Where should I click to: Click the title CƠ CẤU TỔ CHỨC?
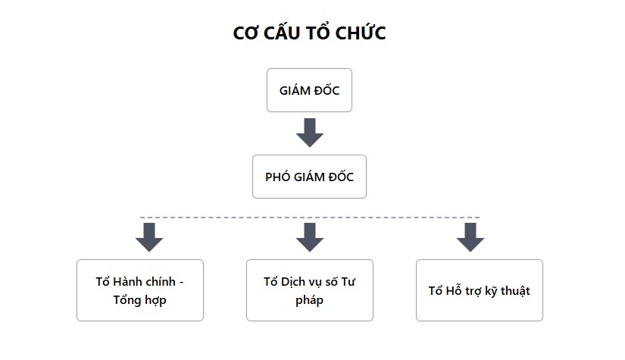coord(309,33)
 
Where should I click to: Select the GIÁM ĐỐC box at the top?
coord(309,90)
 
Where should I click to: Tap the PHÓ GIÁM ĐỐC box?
coord(309,177)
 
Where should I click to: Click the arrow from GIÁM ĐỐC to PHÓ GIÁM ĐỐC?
coord(310,133)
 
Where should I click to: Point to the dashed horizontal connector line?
coord(310,218)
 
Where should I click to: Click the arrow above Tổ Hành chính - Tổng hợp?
coord(149,238)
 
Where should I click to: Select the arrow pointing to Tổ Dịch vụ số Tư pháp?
coord(310,238)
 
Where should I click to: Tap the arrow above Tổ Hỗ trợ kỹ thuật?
coord(470,238)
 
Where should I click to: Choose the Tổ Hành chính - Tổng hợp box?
coord(140,290)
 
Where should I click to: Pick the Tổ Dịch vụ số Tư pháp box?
coord(310,290)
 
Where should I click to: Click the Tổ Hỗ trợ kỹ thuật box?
coord(480,290)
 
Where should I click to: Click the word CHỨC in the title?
coord(361,33)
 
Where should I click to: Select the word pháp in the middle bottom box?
coord(309,301)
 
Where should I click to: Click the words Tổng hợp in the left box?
coord(139,300)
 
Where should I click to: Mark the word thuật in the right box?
coord(515,290)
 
